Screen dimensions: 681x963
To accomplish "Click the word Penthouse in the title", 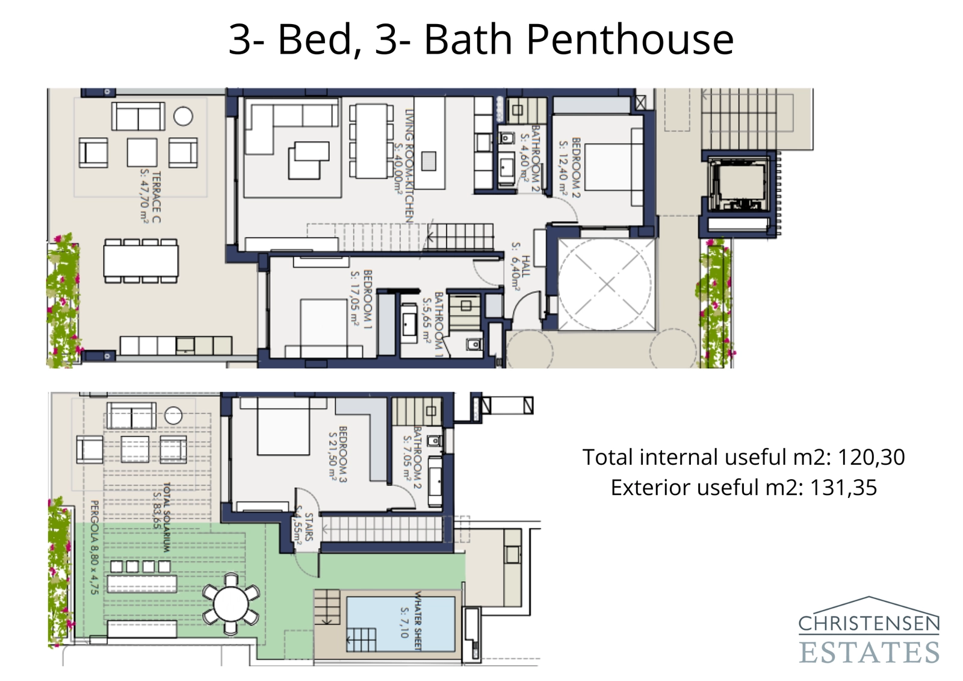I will point(630,40).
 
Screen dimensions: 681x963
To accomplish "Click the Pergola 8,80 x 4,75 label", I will point(93,547).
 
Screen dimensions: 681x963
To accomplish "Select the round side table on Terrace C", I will point(183,116).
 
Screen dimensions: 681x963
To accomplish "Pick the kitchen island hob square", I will point(429,161).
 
